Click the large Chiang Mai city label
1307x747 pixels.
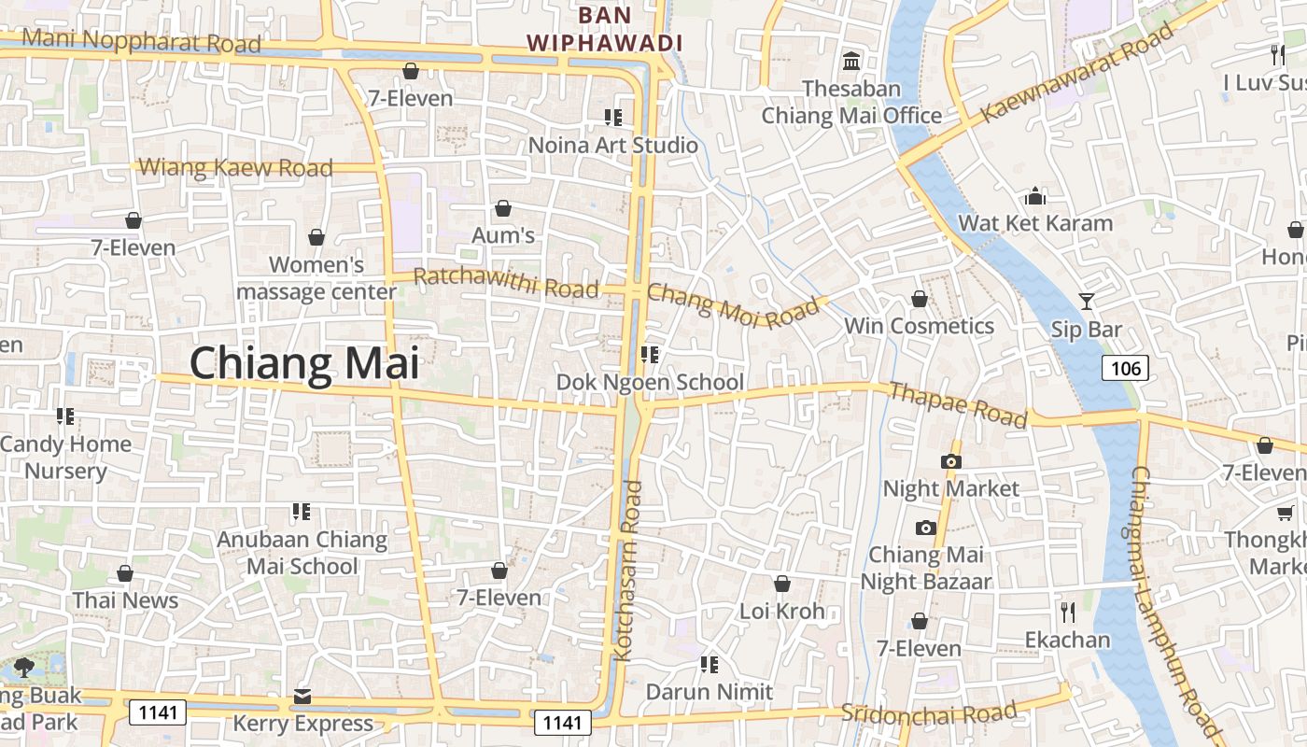pos(304,362)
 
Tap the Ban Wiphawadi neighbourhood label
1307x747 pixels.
pos(604,29)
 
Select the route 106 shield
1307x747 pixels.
pos(1125,368)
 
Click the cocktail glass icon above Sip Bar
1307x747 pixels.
pos(1087,301)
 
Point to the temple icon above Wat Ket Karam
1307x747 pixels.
pos(1035,196)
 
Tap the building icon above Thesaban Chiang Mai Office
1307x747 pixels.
pos(851,62)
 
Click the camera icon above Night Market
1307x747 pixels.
pos(951,461)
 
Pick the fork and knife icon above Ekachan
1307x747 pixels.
pos(1068,613)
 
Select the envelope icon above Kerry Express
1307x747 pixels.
pos(302,697)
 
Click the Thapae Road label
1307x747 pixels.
pos(959,403)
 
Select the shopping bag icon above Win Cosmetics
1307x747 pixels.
pos(920,299)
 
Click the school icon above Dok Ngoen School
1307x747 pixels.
pos(650,355)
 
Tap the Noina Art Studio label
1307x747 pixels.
pos(612,145)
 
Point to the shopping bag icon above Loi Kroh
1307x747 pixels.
pos(782,585)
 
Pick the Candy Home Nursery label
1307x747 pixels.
pos(65,457)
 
